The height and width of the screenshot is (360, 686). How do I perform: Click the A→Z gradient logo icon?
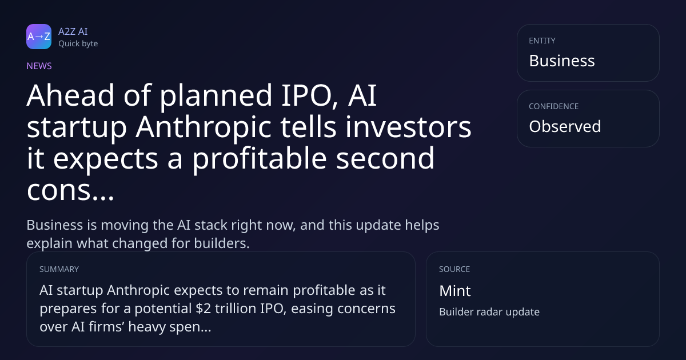(x=39, y=37)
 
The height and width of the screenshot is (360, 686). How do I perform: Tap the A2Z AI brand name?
(x=73, y=31)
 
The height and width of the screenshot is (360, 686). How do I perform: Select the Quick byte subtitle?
(x=78, y=44)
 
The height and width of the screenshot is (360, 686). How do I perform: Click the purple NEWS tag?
(x=39, y=66)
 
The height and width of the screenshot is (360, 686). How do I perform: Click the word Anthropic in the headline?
(x=204, y=127)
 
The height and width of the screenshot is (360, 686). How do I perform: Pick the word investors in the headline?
(x=408, y=127)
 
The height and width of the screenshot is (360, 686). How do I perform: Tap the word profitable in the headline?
(x=260, y=159)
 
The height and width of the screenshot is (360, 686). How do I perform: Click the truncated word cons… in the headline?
(x=70, y=190)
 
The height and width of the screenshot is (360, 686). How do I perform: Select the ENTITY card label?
(x=542, y=41)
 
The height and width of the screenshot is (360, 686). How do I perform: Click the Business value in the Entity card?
(x=562, y=61)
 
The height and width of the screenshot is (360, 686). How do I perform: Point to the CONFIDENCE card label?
(x=554, y=106)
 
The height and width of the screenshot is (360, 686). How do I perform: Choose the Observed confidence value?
(x=565, y=126)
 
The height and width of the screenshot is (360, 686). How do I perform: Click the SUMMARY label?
(x=59, y=269)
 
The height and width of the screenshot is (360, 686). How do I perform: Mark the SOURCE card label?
(x=454, y=269)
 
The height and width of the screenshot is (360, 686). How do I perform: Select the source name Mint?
(x=455, y=291)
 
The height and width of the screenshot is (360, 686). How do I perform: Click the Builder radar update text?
(x=489, y=312)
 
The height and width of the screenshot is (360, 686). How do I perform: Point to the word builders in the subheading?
(x=222, y=243)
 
